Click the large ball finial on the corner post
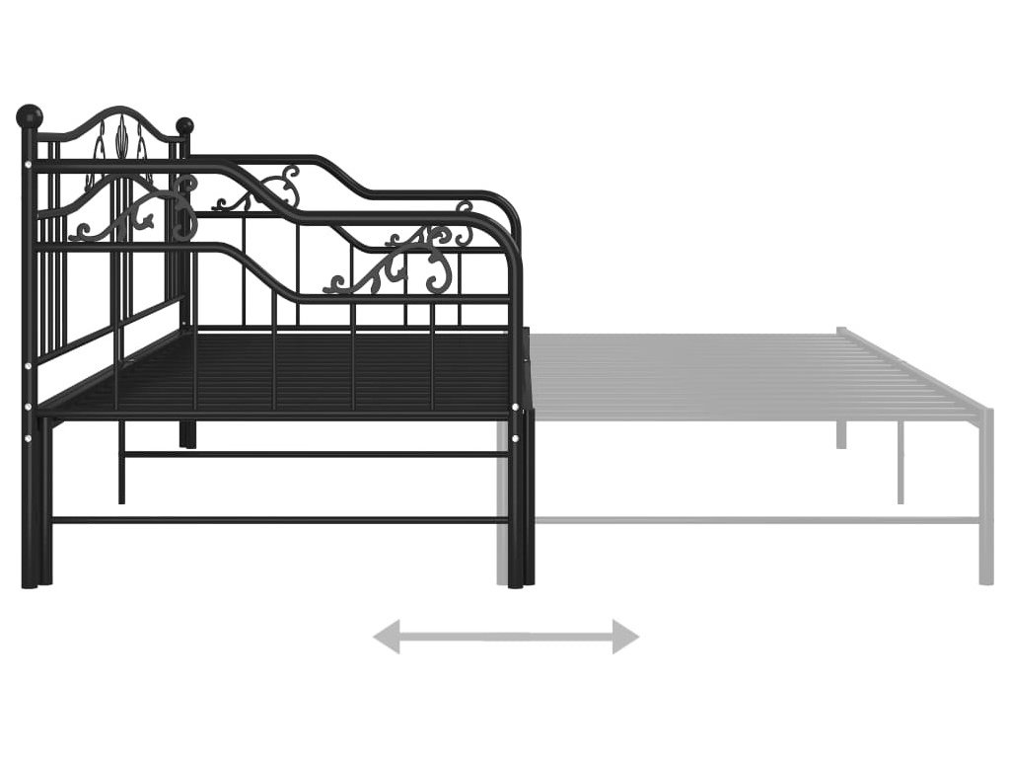[x=30, y=115]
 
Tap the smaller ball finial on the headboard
[x=184, y=126]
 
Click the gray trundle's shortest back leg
[x=841, y=434]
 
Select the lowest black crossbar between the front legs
[x=276, y=520]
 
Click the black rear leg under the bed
[x=187, y=434]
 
